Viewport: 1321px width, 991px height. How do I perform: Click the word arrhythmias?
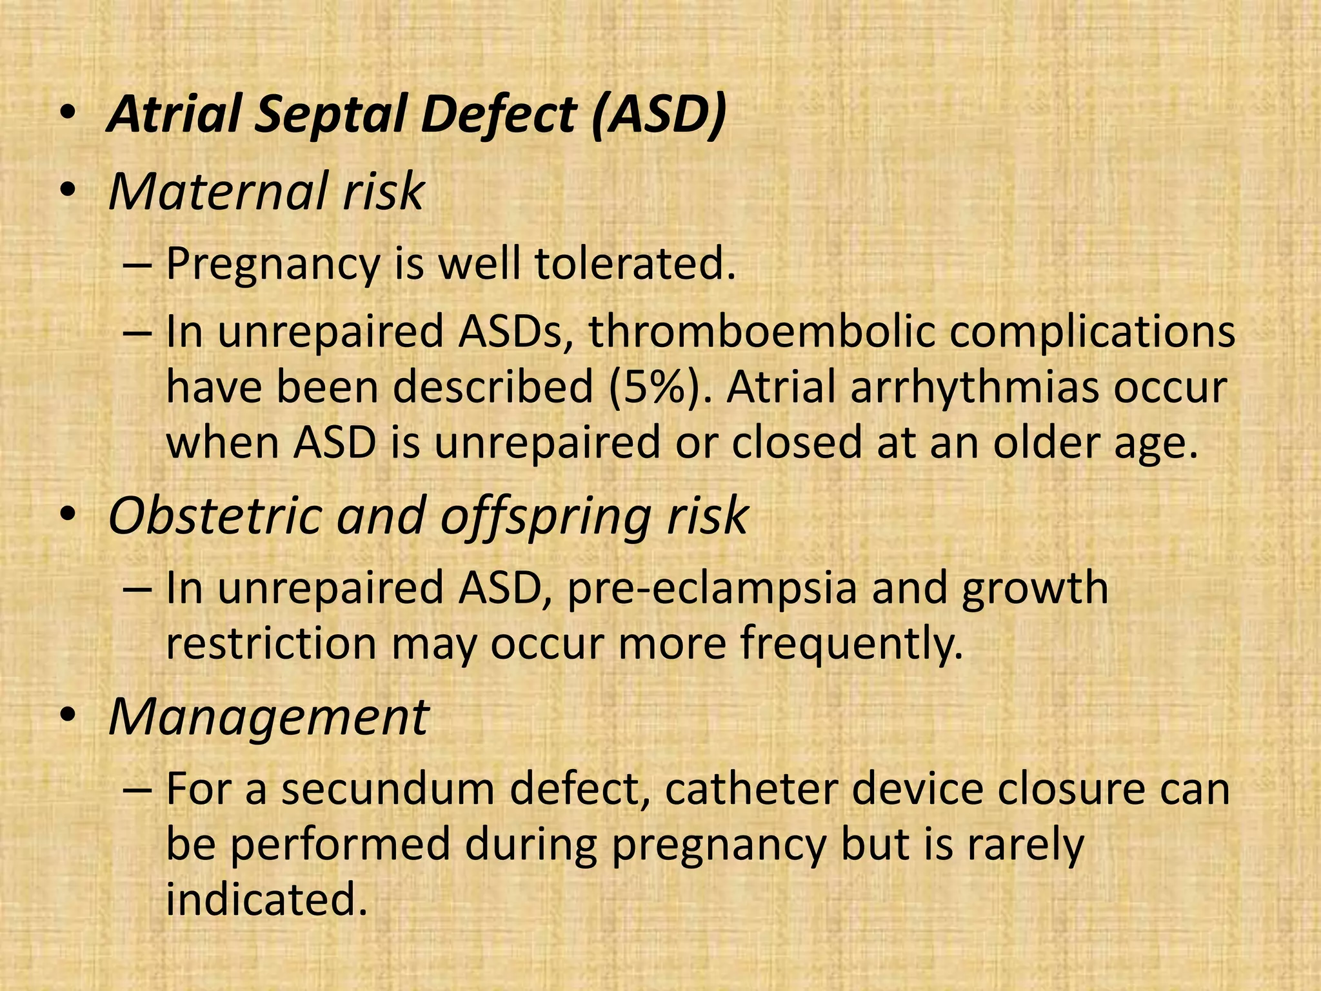pyautogui.click(x=975, y=387)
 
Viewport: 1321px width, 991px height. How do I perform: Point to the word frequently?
pyautogui.click(x=851, y=644)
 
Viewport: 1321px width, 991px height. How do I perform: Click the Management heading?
pyautogui.click(x=268, y=717)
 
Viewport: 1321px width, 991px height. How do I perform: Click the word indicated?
pyautogui.click(x=266, y=899)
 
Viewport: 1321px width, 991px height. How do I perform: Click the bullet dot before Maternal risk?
pyautogui.click(x=68, y=192)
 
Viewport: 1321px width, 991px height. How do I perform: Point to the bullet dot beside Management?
pyautogui.click(x=68, y=717)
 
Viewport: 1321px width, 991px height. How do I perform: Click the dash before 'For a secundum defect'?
pyautogui.click(x=137, y=791)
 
